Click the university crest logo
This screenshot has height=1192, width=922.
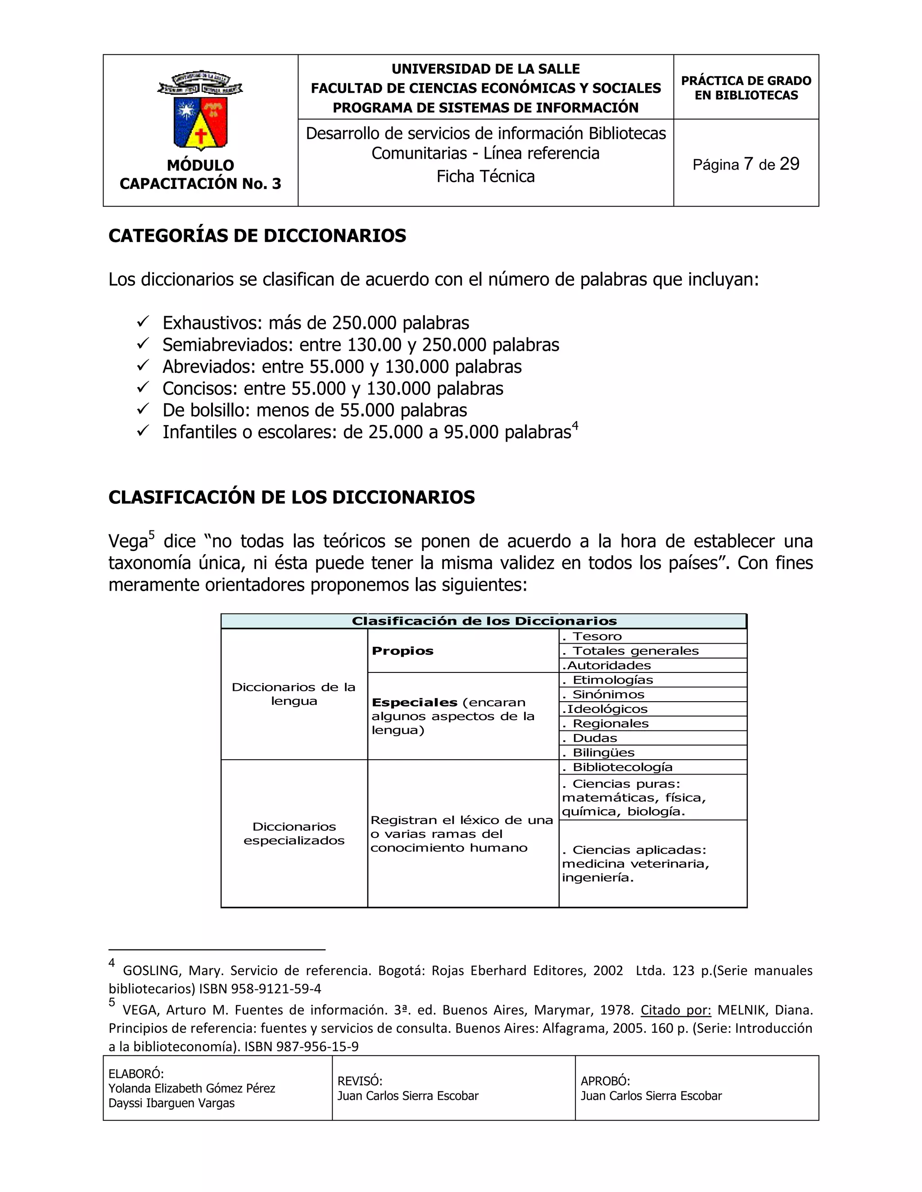coord(200,111)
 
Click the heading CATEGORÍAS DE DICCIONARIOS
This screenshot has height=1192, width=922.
coord(257,236)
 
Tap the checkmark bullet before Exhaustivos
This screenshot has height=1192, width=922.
coord(143,322)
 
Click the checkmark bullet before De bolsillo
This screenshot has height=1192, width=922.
coord(143,409)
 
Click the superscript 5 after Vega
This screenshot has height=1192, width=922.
coord(152,535)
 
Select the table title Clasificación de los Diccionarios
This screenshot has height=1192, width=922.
coord(484,621)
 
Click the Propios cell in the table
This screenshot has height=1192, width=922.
coord(402,650)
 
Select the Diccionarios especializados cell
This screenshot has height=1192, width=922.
coord(294,834)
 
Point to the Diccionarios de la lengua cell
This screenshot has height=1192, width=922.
coord(294,694)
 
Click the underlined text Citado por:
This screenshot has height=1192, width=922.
coord(676,1010)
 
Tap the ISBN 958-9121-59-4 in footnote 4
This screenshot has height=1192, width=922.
coord(260,988)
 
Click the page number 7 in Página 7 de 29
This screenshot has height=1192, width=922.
coord(748,164)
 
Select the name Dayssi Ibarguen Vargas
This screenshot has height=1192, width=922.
coord(172,1103)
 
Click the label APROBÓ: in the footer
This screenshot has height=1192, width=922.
coord(605,1081)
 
